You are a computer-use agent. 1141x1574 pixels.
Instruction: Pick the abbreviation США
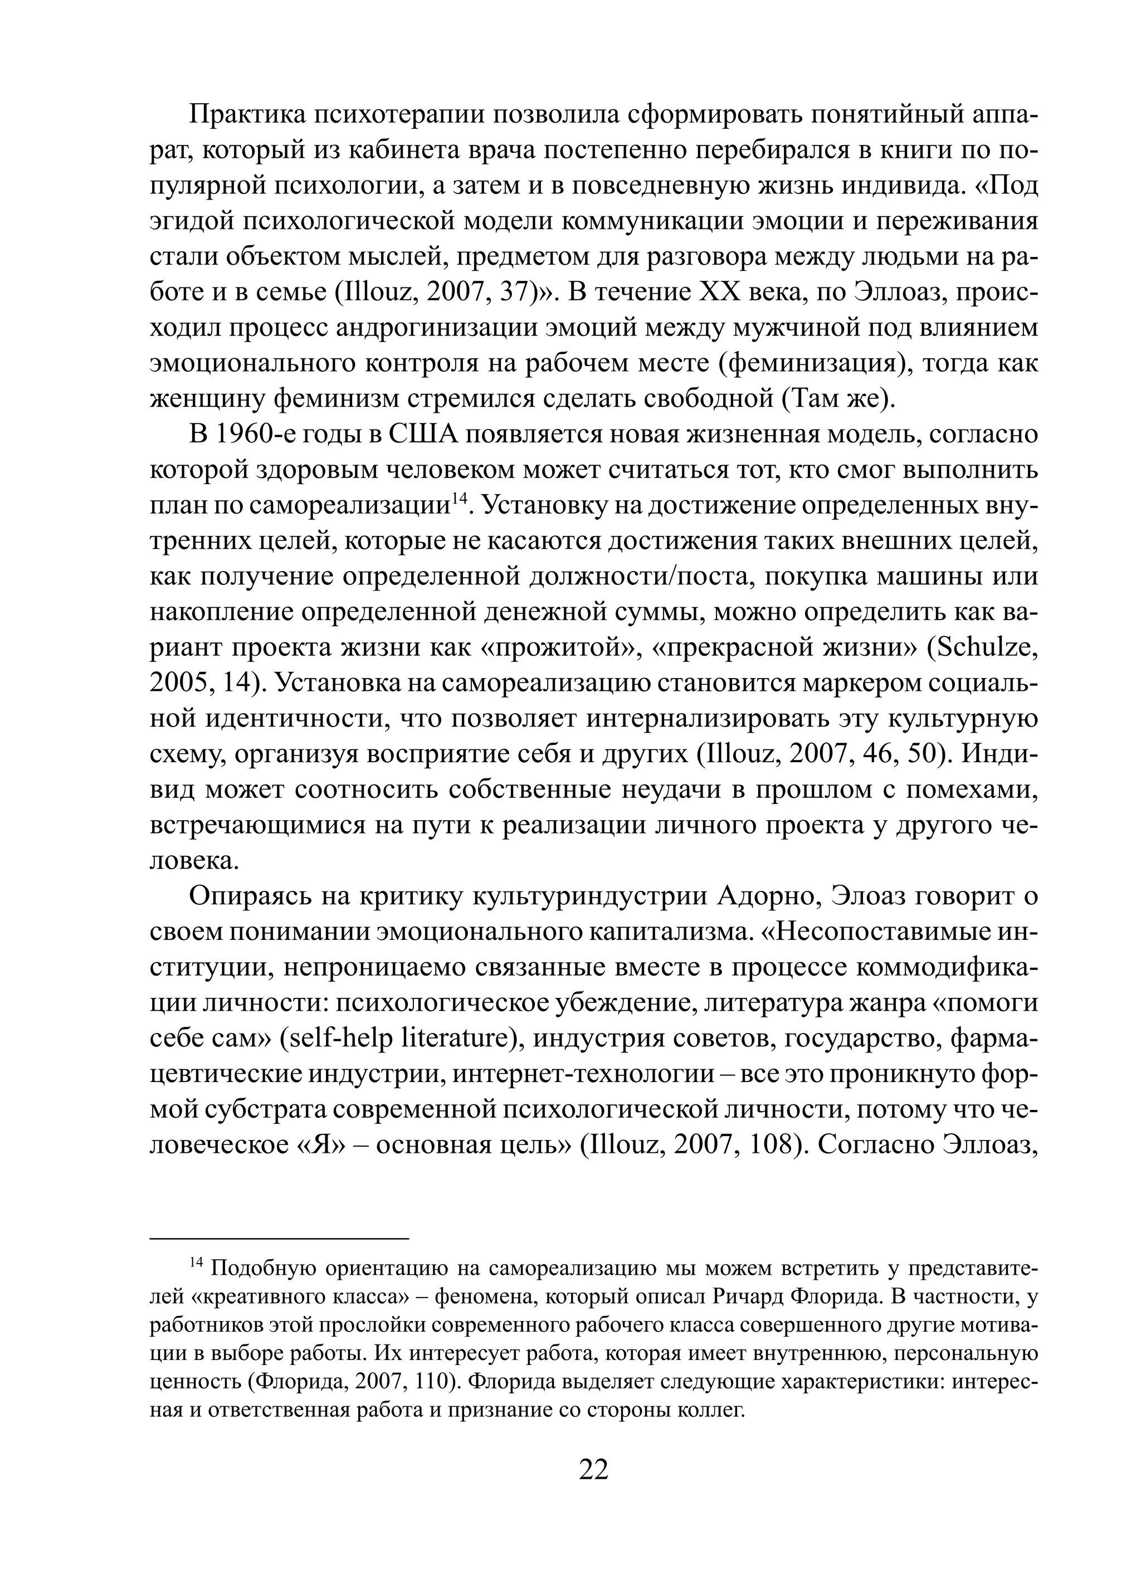point(423,435)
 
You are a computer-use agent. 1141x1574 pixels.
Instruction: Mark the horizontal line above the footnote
point(279,1238)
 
